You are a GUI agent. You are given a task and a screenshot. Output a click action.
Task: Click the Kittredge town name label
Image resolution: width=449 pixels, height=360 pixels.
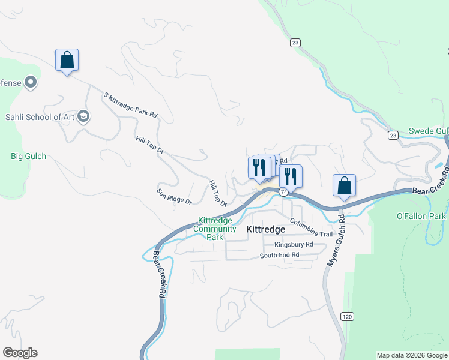[x=266, y=229]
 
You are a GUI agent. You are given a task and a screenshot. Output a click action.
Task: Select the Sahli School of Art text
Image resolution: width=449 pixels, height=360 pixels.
[x=40, y=117]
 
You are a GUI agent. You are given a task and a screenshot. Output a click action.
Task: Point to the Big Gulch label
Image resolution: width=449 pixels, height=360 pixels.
[x=28, y=157]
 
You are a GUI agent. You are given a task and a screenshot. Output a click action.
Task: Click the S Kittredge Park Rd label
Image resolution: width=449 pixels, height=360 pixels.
[x=130, y=105]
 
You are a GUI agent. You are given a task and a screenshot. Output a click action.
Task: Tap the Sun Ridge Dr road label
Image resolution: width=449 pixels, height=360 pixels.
[x=174, y=196]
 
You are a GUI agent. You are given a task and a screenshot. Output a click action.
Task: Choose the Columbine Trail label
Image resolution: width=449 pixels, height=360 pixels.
[x=310, y=230]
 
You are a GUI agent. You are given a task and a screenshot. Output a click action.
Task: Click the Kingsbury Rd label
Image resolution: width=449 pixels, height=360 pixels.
[x=294, y=245]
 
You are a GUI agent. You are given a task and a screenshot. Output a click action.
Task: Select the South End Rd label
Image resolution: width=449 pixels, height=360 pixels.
[x=279, y=255]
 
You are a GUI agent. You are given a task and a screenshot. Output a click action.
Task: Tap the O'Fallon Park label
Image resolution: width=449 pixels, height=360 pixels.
[x=421, y=216]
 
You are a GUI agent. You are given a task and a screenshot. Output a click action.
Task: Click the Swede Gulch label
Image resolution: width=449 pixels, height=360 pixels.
[x=428, y=131]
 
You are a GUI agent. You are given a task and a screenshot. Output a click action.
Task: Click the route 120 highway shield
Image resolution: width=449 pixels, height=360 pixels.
[x=346, y=316]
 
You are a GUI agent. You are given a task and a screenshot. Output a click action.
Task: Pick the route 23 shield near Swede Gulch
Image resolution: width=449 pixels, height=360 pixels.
[x=393, y=135]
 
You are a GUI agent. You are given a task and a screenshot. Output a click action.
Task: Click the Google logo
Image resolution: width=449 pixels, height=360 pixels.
[x=20, y=353]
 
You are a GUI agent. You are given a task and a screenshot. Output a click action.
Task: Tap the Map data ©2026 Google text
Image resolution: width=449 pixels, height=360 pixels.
[x=412, y=355]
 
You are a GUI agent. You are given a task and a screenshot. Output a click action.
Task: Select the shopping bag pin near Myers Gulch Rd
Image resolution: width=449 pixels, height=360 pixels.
[x=344, y=186]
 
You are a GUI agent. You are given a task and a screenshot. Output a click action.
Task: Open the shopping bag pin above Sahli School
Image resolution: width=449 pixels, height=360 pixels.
[x=67, y=61]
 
